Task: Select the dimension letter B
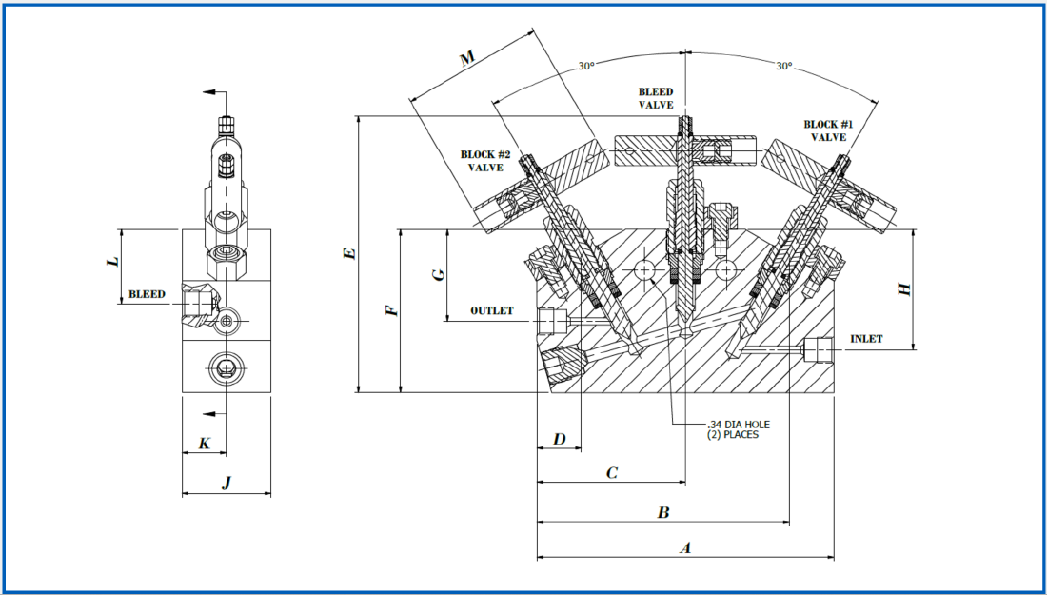pyautogui.click(x=664, y=513)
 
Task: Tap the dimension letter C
pyautogui.click(x=612, y=471)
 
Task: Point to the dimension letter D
pyautogui.click(x=560, y=439)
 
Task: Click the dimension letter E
pyautogui.click(x=349, y=253)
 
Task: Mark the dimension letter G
pyautogui.click(x=438, y=274)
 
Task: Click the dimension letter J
pyautogui.click(x=227, y=484)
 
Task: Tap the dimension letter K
pyautogui.click(x=204, y=443)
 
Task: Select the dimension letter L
pyautogui.click(x=112, y=259)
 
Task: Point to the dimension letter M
pyautogui.click(x=466, y=60)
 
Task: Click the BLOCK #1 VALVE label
pyautogui.click(x=828, y=130)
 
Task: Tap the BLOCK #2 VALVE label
pyautogui.click(x=485, y=161)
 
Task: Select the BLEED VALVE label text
pyautogui.click(x=656, y=98)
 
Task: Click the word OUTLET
pyautogui.click(x=492, y=310)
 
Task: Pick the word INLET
pyautogui.click(x=866, y=338)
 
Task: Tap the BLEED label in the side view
pyautogui.click(x=148, y=294)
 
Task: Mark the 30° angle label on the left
pyautogui.click(x=585, y=67)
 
